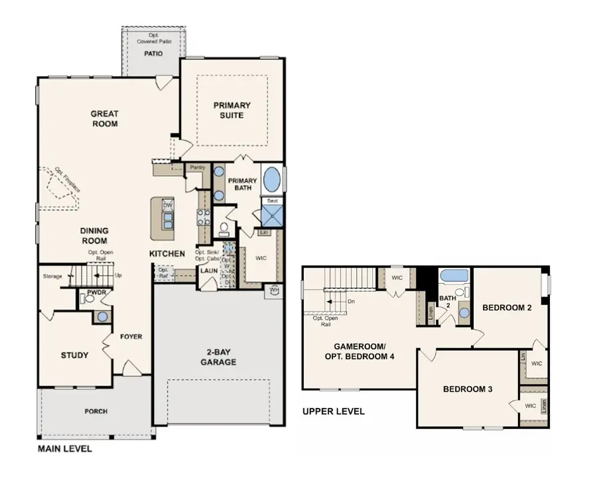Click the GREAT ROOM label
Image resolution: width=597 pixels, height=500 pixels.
point(104,119)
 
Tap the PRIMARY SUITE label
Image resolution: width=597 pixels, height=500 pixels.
point(232,110)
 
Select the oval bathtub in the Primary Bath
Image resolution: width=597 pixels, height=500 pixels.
point(273,179)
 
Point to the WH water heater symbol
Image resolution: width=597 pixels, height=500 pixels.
point(274,289)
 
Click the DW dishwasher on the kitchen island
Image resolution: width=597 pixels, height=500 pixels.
point(167,206)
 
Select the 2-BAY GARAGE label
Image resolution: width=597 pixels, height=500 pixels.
point(218,357)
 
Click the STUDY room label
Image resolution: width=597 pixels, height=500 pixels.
point(74,355)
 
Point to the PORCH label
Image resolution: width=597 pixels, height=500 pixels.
point(96,411)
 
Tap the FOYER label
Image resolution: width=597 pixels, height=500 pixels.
point(131,336)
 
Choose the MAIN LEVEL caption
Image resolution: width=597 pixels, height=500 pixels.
point(64,449)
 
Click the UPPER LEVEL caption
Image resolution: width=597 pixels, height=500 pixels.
point(333,411)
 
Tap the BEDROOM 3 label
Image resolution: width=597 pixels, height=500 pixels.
point(468,389)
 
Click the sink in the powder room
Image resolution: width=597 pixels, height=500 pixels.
point(102,316)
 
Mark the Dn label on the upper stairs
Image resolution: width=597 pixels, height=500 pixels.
point(351,300)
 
